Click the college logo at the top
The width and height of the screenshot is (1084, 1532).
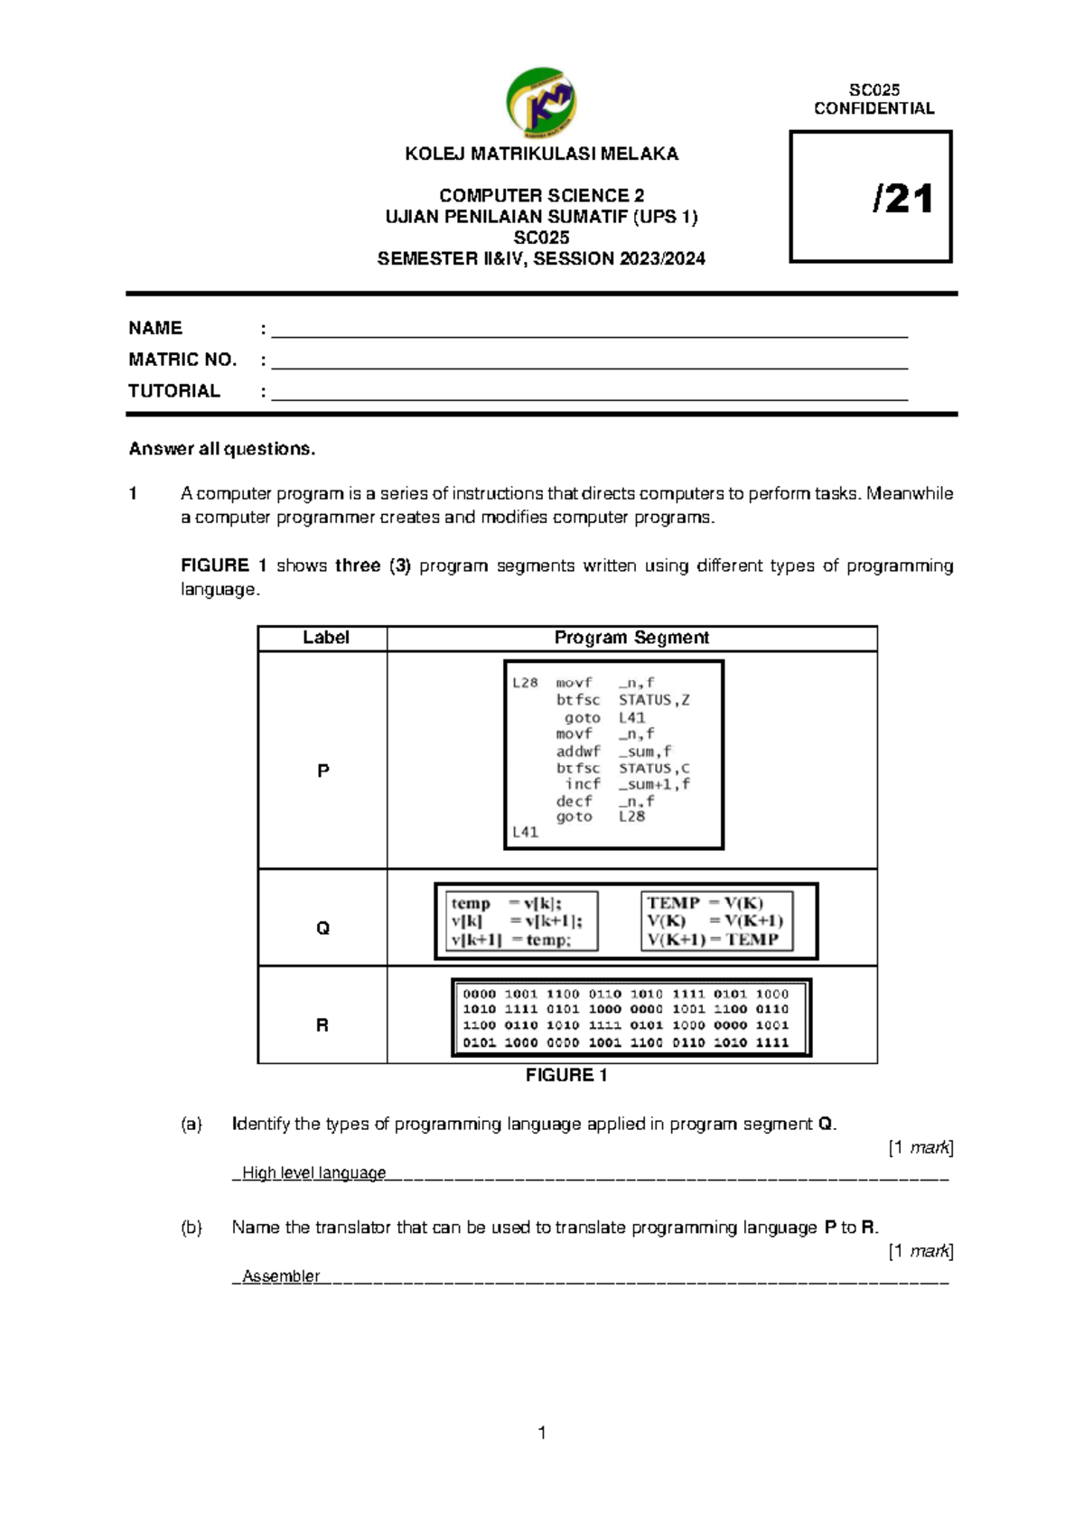541,102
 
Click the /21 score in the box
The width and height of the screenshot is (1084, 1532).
902,199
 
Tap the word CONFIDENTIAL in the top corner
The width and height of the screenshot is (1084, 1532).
874,108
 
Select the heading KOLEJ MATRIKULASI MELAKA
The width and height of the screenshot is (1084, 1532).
541,154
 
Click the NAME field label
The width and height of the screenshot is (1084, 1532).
155,328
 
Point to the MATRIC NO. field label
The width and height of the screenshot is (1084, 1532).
182,360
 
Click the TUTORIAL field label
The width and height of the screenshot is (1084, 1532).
174,391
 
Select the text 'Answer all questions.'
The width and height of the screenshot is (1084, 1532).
222,449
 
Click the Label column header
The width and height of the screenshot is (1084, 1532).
325,638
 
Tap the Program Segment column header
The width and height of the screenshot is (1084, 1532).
631,638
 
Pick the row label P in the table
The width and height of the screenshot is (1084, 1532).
322,771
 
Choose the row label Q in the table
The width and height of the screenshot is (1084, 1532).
322,929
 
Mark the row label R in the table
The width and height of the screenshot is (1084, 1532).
322,1025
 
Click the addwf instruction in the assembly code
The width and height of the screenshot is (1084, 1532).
577,751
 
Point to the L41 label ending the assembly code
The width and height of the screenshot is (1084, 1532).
525,832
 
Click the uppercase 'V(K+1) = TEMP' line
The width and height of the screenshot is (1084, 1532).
713,939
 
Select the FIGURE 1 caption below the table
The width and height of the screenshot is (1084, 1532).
566,1075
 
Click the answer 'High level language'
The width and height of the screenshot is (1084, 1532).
313,1172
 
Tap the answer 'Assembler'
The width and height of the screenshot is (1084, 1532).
281,1275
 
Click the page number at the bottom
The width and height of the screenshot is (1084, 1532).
541,1433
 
